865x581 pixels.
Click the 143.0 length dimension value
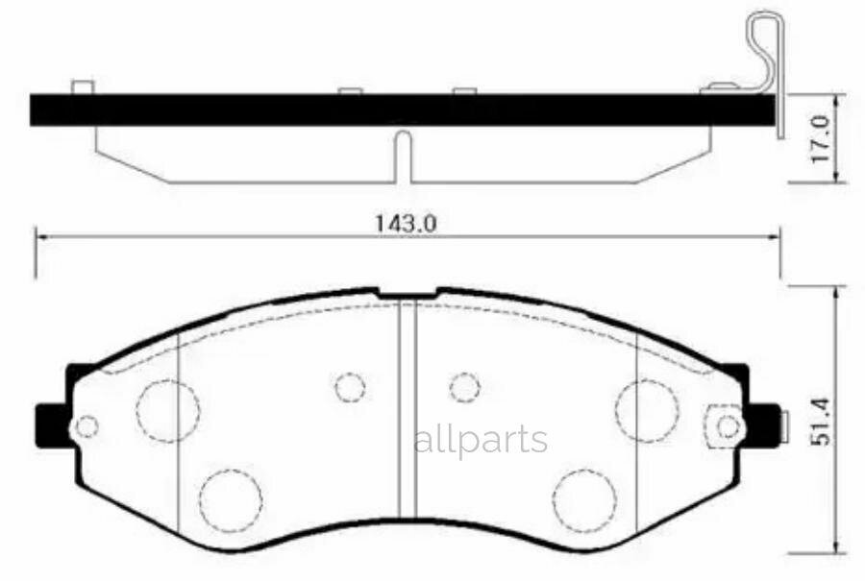pyautogui.click(x=406, y=223)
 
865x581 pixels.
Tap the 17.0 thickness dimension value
pyautogui.click(x=821, y=138)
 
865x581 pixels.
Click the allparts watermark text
pyautogui.click(x=481, y=441)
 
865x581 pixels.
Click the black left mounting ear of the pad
pyautogui.click(x=54, y=425)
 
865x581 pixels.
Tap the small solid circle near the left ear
pyautogui.click(x=87, y=426)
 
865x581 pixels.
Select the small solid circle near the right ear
pyautogui.click(x=729, y=426)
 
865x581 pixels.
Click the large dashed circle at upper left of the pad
pyautogui.click(x=167, y=411)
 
